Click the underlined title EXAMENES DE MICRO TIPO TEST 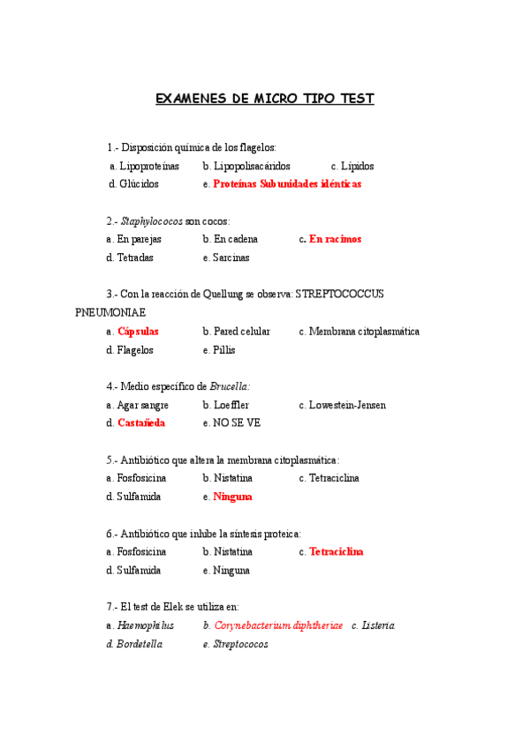coord(265,99)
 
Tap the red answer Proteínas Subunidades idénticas coord(287,184)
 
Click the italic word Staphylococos coord(152,221)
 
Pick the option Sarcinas coord(231,258)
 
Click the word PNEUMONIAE coord(110,312)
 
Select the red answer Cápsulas coord(138,332)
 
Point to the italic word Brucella coord(230,386)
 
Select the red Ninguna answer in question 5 coord(232,497)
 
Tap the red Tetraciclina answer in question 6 coord(337,551)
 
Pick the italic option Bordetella coord(140,644)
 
